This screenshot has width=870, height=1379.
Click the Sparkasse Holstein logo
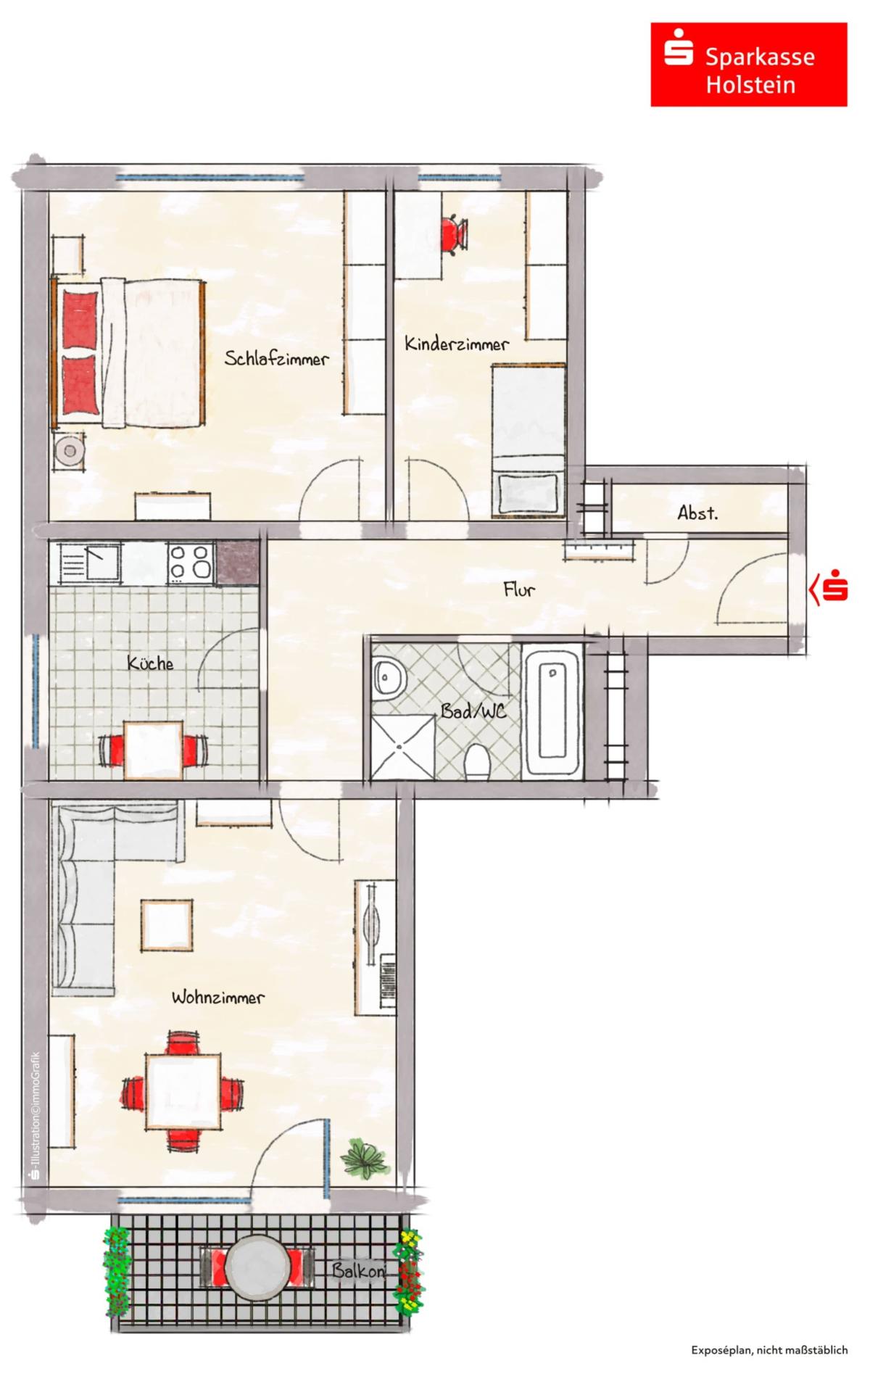(748, 65)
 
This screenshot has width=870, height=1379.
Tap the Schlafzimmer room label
(276, 358)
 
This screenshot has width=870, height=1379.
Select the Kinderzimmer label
(456, 344)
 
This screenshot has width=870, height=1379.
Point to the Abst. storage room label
(697, 513)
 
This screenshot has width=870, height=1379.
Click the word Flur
(519, 589)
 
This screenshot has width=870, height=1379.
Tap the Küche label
(150, 663)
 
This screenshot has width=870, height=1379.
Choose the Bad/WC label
(473, 711)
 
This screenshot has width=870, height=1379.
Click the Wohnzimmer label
(217, 998)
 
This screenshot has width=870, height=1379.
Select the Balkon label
(358, 1270)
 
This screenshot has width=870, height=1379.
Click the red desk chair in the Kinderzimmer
(454, 233)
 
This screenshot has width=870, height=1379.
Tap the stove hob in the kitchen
(190, 563)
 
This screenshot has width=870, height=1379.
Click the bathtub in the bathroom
(552, 712)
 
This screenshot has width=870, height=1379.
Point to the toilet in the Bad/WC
(476, 762)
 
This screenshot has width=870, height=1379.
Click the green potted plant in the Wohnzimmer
(365, 1157)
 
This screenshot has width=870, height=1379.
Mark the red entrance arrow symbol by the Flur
(829, 588)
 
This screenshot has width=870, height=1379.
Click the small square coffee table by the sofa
(167, 925)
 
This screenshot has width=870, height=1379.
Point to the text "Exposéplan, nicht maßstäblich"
(768, 1350)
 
